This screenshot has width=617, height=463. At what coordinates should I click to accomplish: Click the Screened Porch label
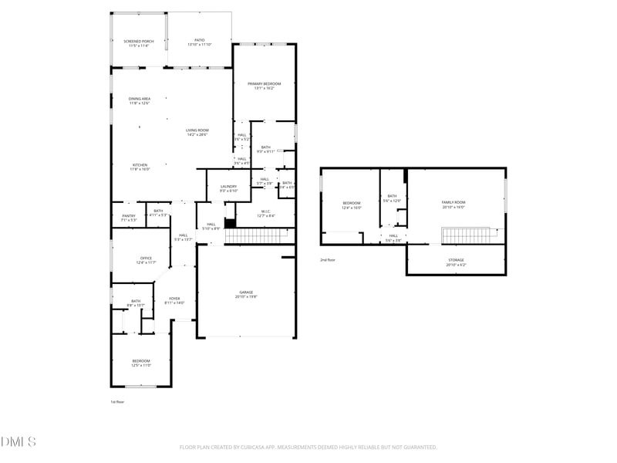coord(139,42)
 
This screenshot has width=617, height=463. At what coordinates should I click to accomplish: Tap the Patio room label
coord(199,42)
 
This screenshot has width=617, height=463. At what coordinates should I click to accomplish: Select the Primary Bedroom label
coord(264,85)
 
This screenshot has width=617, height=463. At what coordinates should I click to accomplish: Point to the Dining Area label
coord(139,100)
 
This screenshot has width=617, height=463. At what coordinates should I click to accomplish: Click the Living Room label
coord(197,132)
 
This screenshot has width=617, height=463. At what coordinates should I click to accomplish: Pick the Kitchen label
coord(140,166)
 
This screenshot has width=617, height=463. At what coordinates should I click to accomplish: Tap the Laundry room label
coord(228,188)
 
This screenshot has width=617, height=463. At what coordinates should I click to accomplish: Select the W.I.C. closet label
coord(265,213)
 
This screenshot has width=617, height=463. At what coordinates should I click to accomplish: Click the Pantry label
coord(128,218)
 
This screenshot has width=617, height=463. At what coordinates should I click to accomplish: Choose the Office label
coord(146,259)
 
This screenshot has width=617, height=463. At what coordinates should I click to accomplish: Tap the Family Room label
coord(453,204)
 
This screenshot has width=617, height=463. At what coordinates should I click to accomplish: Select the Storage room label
coord(456,262)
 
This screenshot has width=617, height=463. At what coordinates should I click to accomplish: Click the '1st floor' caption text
coord(116,402)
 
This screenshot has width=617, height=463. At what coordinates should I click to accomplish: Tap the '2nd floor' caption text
coord(328,260)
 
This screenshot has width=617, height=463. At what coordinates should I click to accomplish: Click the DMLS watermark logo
coord(19,441)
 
